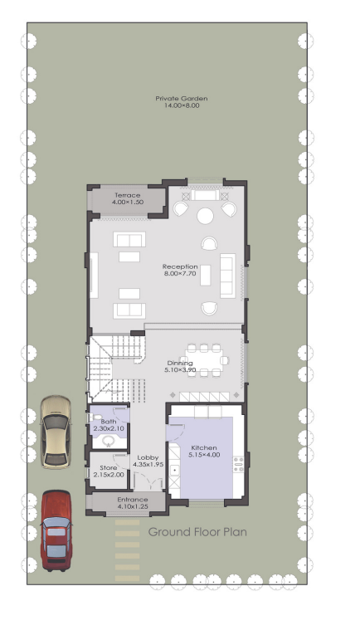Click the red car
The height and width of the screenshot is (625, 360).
pyautogui.click(x=56, y=530)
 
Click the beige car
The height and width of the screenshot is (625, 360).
pyautogui.click(x=56, y=432)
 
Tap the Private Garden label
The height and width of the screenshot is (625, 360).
pyautogui.click(x=181, y=99)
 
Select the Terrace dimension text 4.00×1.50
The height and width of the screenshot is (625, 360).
pyautogui.click(x=128, y=202)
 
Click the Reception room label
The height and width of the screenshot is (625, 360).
pyautogui.click(x=180, y=266)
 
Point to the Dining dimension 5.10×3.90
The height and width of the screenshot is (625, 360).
pyautogui.click(x=180, y=370)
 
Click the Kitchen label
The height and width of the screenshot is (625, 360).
pyautogui.click(x=204, y=447)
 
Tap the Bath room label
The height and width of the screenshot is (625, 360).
pyautogui.click(x=109, y=422)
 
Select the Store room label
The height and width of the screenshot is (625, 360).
pyautogui.click(x=109, y=467)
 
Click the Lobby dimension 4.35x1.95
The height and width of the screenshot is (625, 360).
pyautogui.click(x=148, y=464)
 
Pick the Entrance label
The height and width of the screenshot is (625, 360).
pyautogui.click(x=133, y=500)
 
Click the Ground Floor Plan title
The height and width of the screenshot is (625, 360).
pyautogui.click(x=197, y=532)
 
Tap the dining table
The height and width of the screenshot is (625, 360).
pyautogui.click(x=204, y=360)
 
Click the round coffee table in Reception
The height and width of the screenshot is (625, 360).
pyautogui.click(x=206, y=216)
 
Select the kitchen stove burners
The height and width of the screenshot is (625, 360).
pyautogui.click(x=239, y=464)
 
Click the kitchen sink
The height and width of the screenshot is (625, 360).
pyautogui.click(x=174, y=471)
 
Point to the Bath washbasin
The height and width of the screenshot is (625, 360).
pyautogui.click(x=109, y=441)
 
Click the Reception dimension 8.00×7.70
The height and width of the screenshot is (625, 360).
pyautogui.click(x=180, y=273)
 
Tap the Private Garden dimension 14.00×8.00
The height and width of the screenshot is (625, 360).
pyautogui.click(x=182, y=105)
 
